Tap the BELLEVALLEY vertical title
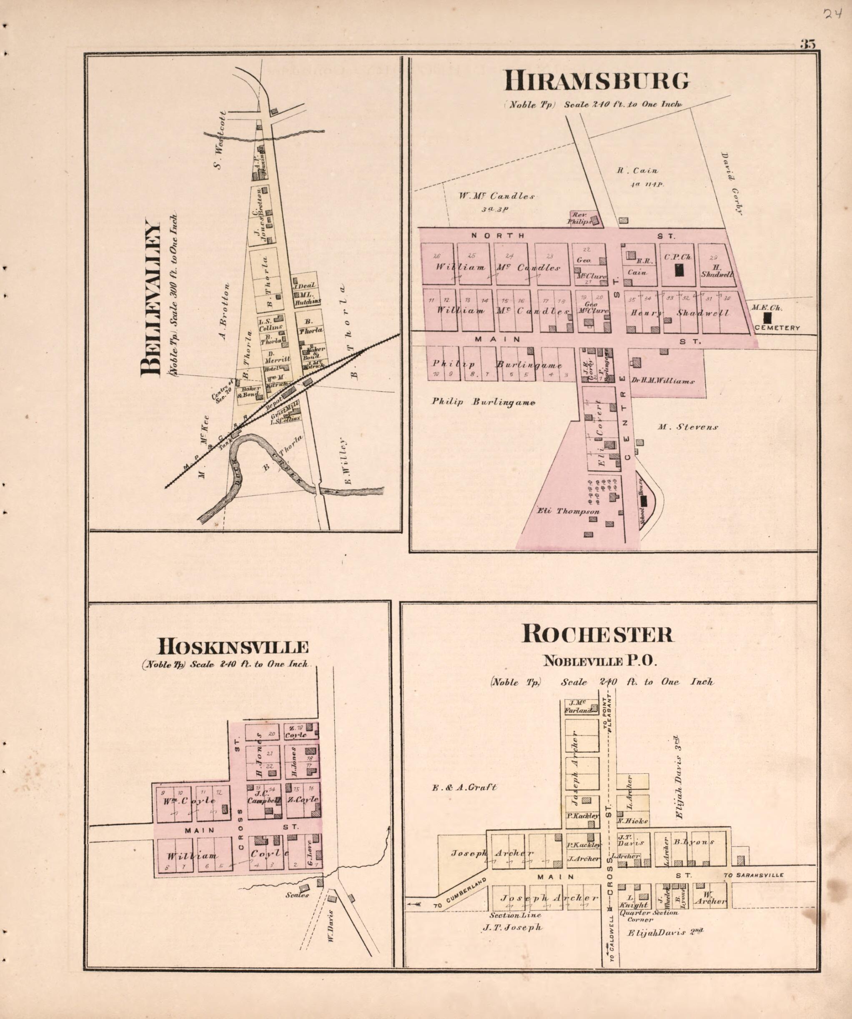[151, 299]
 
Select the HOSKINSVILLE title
[233, 647]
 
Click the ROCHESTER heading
[597, 634]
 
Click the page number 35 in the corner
[807, 44]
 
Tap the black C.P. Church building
[679, 270]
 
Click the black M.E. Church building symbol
[767, 318]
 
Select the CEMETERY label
[777, 328]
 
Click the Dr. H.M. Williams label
[663, 381]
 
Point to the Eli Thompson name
[568, 511]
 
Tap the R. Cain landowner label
[637, 170]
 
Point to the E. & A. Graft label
[464, 787]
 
